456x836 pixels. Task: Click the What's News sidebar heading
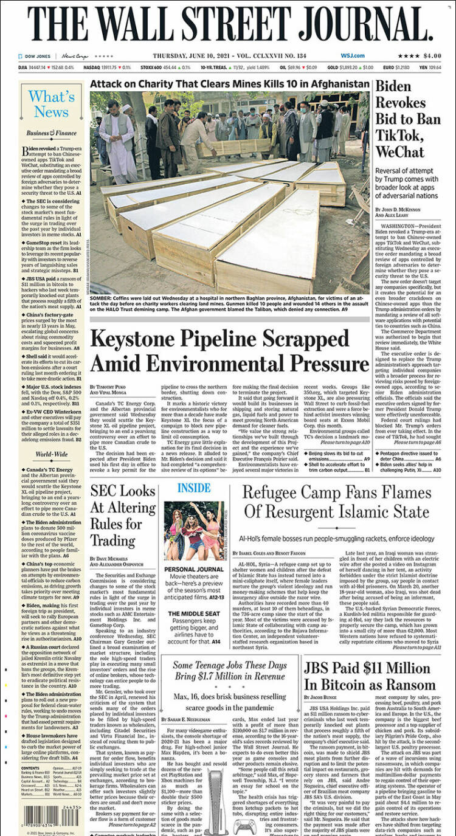tap(51, 104)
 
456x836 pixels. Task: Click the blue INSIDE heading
tap(194, 488)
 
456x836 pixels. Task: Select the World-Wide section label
tap(51, 454)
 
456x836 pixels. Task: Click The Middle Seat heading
tap(195, 613)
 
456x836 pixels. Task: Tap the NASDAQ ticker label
tap(92, 67)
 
